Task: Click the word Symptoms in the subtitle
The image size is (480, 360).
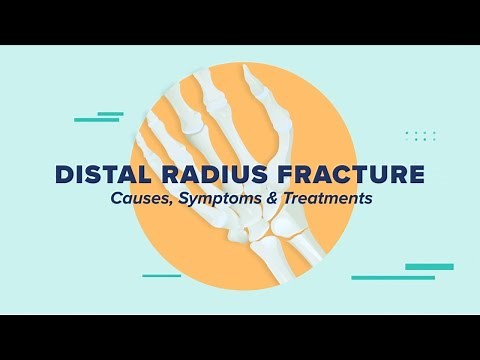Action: tap(217, 200)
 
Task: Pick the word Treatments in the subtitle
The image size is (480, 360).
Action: tap(326, 199)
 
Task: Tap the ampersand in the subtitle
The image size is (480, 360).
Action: tap(271, 199)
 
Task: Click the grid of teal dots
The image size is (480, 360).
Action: tap(420, 135)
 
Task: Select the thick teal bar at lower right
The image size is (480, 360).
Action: tap(429, 267)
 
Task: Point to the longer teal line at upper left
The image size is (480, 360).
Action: tap(96, 120)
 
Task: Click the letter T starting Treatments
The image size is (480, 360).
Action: tap(288, 199)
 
